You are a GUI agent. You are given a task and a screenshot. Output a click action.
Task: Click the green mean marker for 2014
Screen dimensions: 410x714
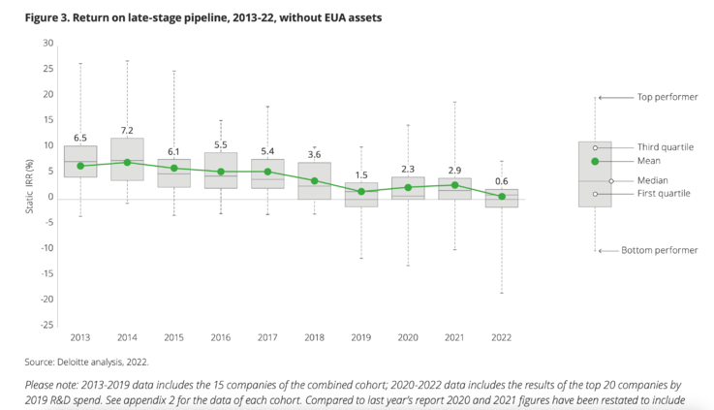point(128,162)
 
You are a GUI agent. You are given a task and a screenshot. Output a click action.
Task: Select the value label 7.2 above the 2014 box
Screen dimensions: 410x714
point(128,130)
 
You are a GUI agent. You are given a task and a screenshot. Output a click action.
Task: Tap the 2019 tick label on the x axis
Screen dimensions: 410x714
point(360,338)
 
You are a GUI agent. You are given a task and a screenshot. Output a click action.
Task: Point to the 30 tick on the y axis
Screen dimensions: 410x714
point(47,44)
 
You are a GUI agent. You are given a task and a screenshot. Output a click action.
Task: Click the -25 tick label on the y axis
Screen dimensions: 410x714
point(46,325)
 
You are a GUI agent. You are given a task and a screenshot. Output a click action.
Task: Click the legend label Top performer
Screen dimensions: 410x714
point(667,97)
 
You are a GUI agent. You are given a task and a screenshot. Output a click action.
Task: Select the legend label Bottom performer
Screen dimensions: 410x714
point(667,250)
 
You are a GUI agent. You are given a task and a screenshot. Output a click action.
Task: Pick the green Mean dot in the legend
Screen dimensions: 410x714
point(595,161)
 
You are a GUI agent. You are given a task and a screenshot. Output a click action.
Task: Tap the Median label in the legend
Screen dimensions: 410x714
point(652,180)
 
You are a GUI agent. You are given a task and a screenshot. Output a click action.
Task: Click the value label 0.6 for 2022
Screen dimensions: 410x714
point(501,179)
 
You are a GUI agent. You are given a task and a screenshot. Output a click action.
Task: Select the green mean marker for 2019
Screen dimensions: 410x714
point(360,191)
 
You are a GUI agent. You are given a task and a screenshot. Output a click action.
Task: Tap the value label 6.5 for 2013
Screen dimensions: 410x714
point(81,138)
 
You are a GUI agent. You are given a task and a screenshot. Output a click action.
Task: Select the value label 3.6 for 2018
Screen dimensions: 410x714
point(314,154)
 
